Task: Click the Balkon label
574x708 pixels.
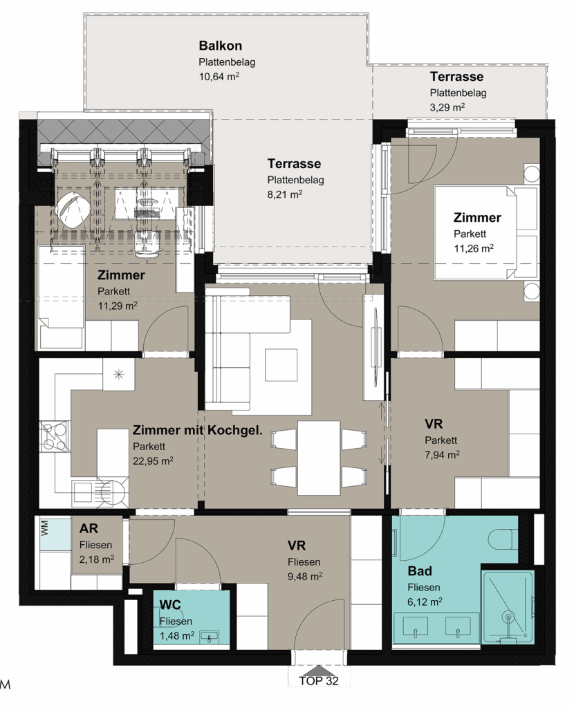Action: tap(221, 46)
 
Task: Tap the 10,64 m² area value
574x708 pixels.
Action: tap(219, 76)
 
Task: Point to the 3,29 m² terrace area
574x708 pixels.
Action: tap(447, 107)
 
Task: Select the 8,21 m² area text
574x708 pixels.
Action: tap(284, 194)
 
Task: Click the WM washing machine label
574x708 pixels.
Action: tap(44, 529)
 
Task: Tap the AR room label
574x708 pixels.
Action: tap(89, 528)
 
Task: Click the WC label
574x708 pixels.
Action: tap(170, 604)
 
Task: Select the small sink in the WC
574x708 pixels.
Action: tap(210, 637)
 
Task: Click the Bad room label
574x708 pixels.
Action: tap(420, 571)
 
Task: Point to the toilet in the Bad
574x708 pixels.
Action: tap(502, 538)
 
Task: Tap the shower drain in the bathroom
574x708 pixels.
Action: tap(509, 616)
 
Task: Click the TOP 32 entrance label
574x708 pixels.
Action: tap(319, 680)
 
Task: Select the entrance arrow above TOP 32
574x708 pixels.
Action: tap(319, 670)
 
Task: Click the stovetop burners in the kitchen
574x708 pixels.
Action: tap(54, 437)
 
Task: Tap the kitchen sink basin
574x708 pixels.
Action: tap(83, 492)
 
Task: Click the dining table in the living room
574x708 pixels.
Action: tap(319, 458)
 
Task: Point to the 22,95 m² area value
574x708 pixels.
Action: tap(153, 461)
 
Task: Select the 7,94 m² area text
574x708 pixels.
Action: tap(442, 455)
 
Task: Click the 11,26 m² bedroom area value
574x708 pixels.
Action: tap(473, 248)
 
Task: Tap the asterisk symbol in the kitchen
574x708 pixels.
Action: tap(119, 374)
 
